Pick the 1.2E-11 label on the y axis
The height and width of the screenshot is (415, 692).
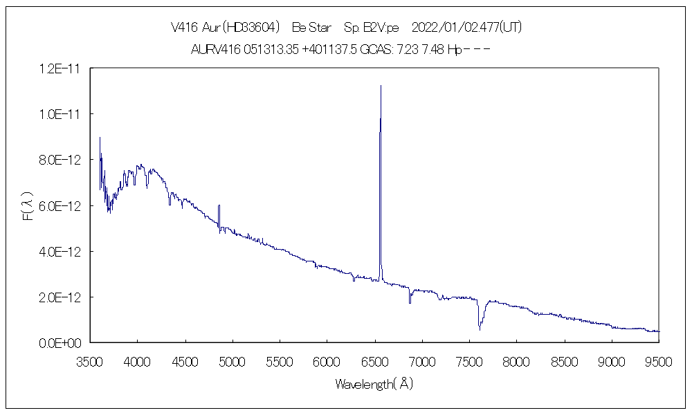point(62,68)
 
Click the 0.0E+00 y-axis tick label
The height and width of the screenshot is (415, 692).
point(62,343)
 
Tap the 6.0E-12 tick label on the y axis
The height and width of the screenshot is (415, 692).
point(62,206)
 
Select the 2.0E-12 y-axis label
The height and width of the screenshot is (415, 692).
point(62,297)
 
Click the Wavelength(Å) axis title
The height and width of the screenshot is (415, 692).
point(374,384)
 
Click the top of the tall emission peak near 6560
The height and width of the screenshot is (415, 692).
point(381,86)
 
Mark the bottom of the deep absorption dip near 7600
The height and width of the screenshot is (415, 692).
point(480,328)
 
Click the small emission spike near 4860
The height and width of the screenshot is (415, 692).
point(219,205)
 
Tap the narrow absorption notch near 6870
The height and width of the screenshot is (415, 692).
point(410,302)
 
